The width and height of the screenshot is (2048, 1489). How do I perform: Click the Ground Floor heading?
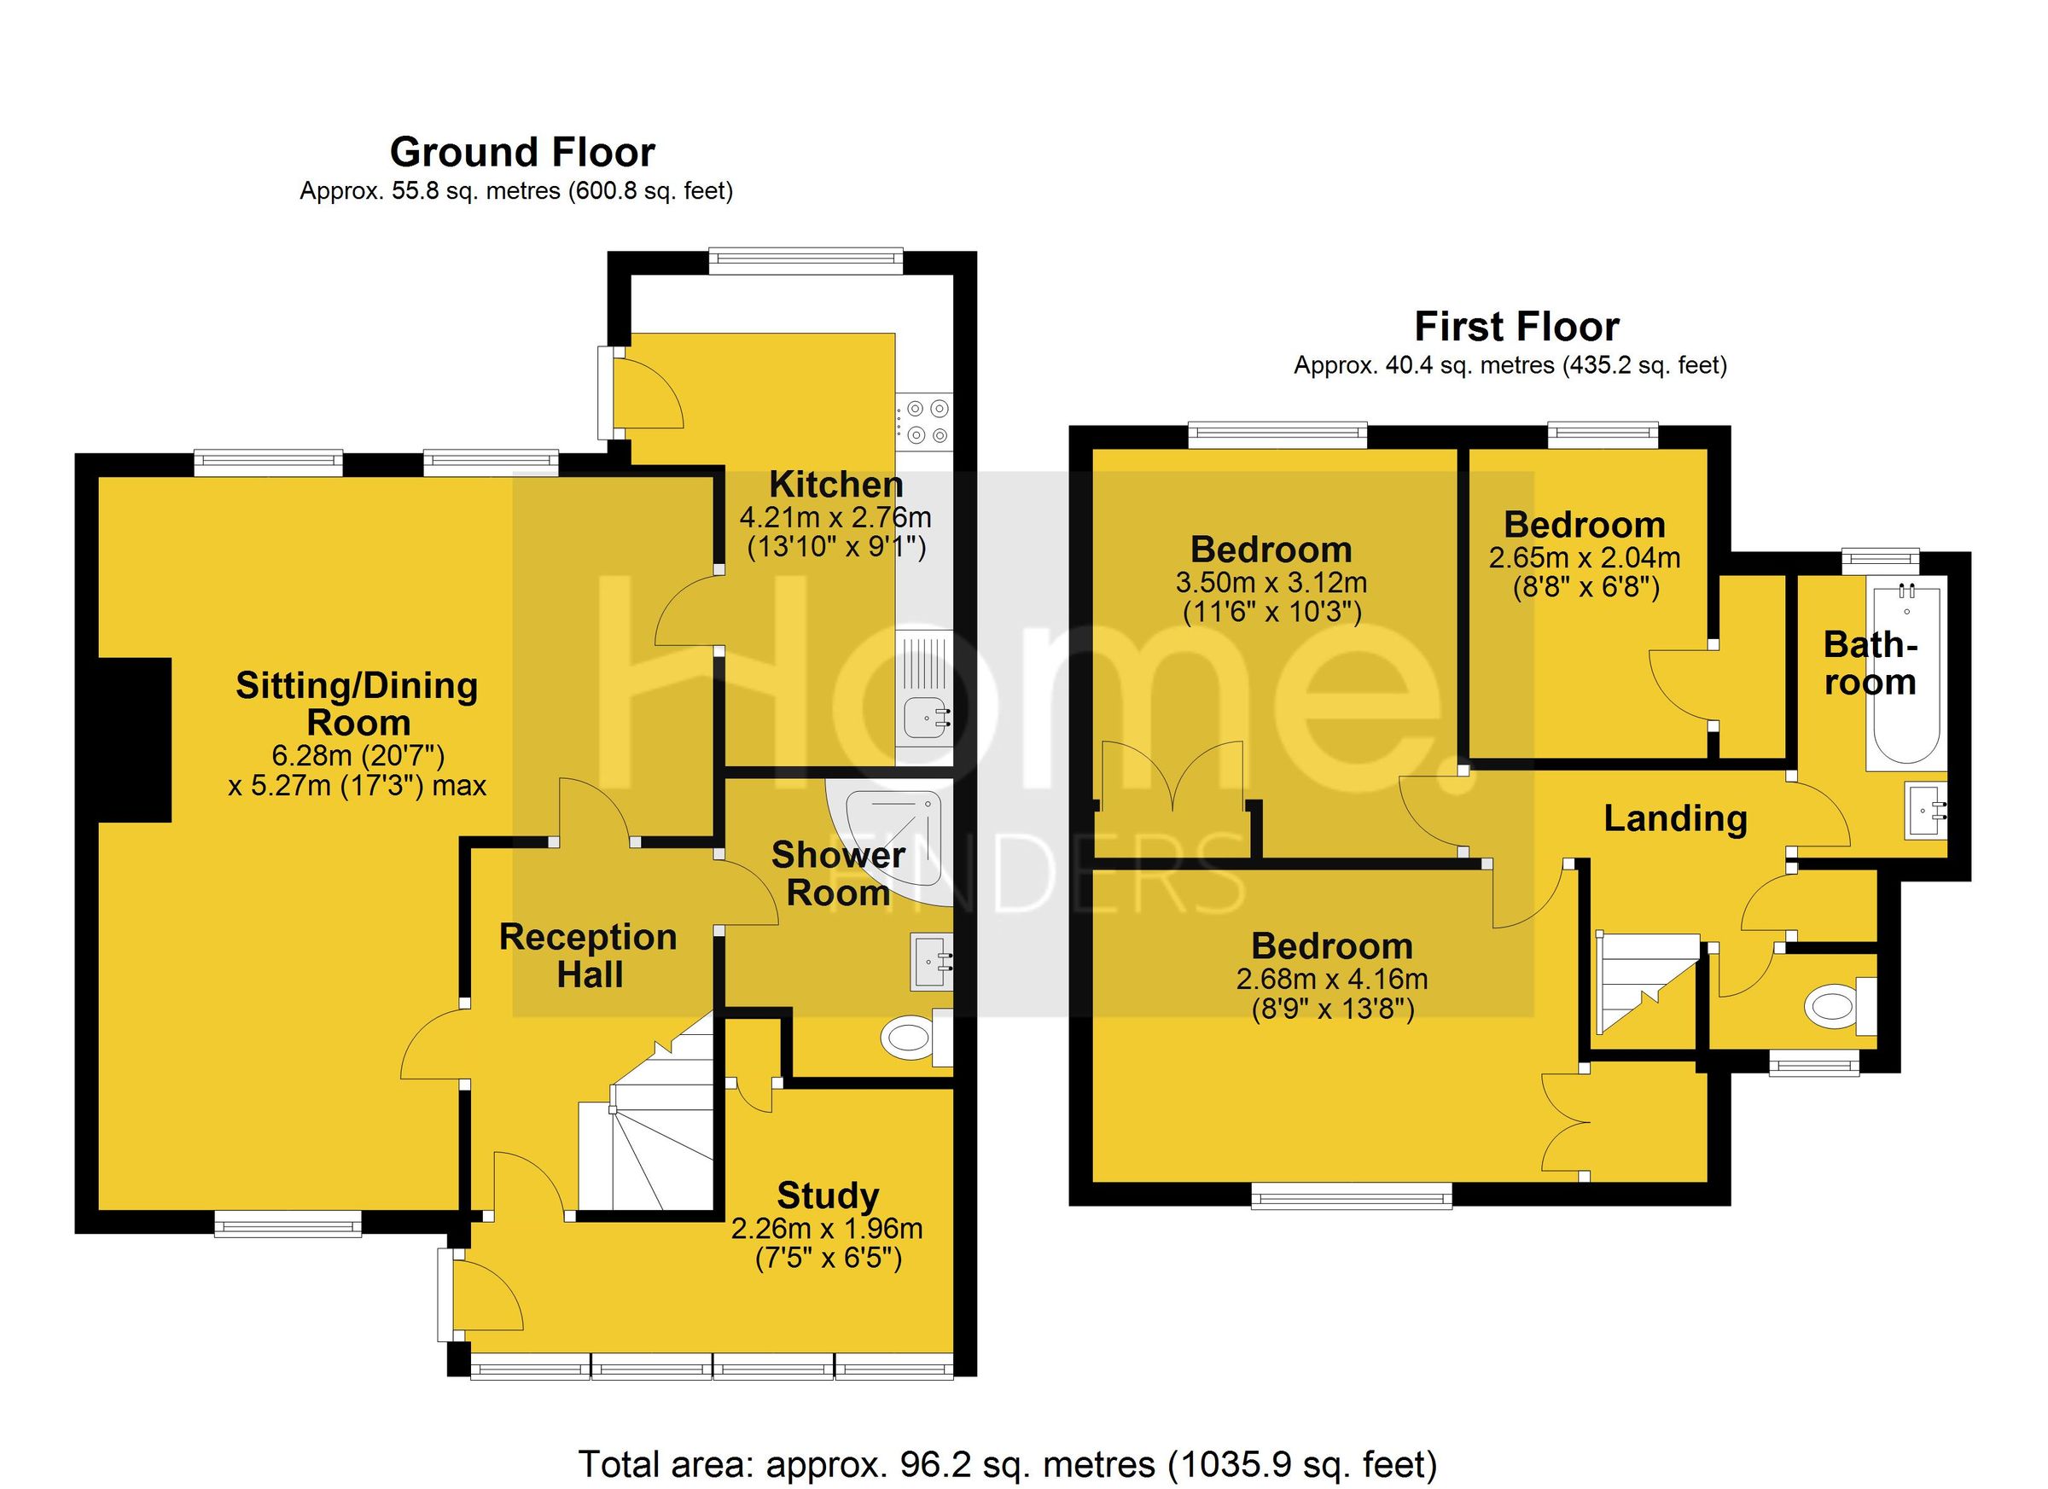[522, 153]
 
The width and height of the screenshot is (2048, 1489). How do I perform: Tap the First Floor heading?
[1516, 327]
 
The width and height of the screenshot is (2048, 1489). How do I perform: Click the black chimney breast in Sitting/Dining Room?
[134, 740]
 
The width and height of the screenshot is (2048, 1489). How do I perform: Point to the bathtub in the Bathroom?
[1905, 678]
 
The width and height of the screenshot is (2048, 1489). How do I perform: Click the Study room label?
[827, 1195]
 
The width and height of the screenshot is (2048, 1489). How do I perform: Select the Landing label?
[1675, 818]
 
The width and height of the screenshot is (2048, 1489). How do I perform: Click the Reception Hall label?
[589, 956]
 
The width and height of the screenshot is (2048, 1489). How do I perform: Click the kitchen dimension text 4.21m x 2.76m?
[835, 518]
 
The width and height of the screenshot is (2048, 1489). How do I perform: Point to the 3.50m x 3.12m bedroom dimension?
[1271, 583]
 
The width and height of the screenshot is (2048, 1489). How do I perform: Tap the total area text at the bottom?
[1007, 1463]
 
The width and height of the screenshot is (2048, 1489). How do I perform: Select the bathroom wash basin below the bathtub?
[1924, 810]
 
